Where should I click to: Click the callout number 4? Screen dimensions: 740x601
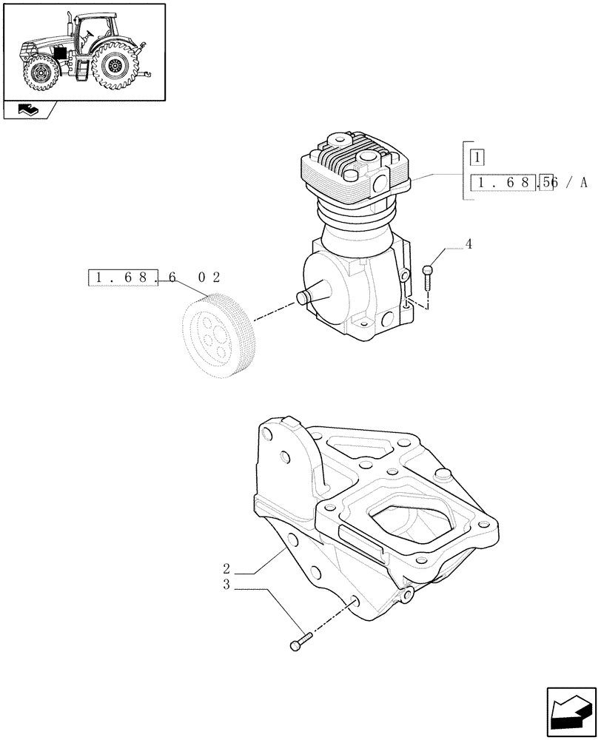[469, 243]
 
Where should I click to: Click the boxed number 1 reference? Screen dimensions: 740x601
[477, 158]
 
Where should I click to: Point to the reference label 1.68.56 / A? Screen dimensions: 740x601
[526, 184]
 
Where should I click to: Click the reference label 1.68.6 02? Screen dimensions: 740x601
[154, 278]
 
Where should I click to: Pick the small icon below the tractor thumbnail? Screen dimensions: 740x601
[30, 111]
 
